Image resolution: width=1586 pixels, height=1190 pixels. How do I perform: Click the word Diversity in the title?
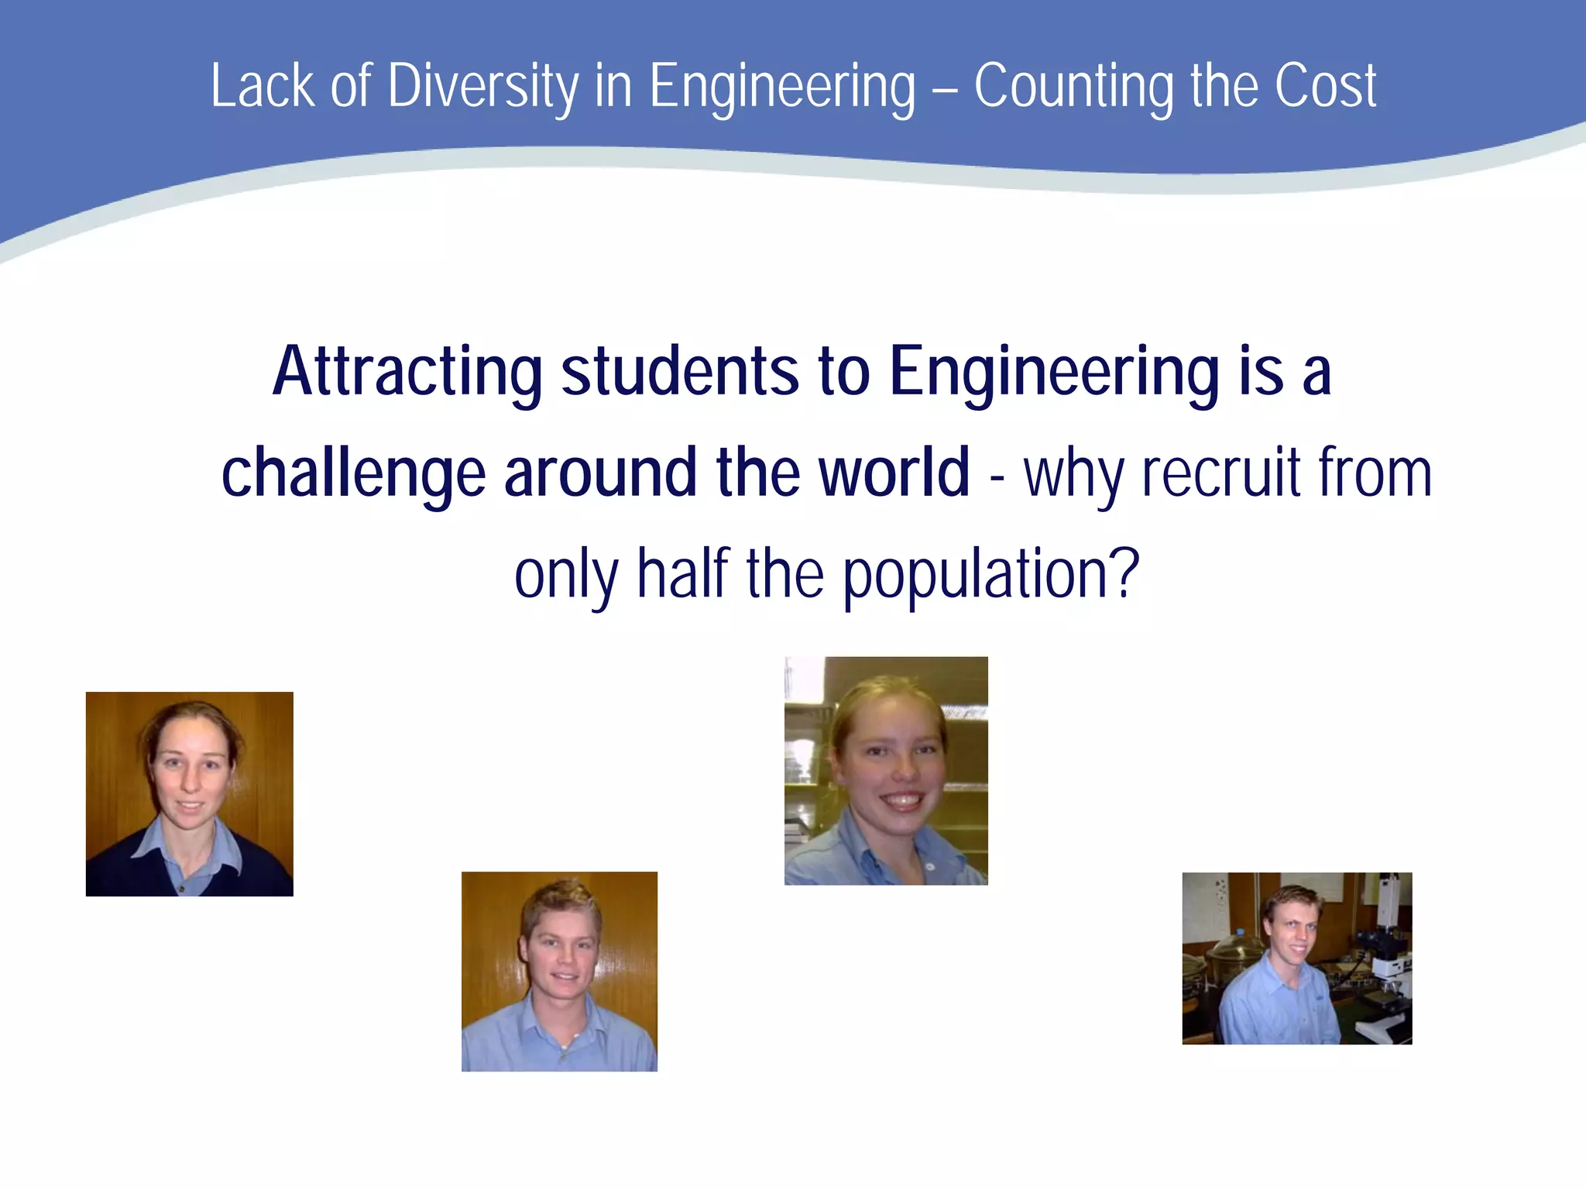pos(482,87)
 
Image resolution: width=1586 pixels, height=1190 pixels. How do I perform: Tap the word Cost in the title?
pos(1325,87)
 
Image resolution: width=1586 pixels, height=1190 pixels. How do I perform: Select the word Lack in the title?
pos(262,87)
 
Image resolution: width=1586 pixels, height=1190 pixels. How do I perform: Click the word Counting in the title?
pos(1073,87)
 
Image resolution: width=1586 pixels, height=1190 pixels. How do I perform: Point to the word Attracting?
pos(407,373)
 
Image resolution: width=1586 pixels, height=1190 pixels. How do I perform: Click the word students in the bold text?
pos(679,373)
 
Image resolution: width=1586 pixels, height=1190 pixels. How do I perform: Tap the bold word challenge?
pos(353,473)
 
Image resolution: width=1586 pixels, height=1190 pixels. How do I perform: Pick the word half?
pos(682,574)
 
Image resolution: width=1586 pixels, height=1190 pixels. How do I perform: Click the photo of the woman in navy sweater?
pos(190,794)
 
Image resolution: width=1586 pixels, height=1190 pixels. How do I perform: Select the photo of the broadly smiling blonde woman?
pos(886,771)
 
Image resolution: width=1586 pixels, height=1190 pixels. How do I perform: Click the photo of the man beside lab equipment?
pos(1296,958)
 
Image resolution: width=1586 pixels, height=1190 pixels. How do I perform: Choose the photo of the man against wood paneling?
pos(559,972)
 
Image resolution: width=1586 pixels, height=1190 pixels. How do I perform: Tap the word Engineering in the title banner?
pos(782,87)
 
